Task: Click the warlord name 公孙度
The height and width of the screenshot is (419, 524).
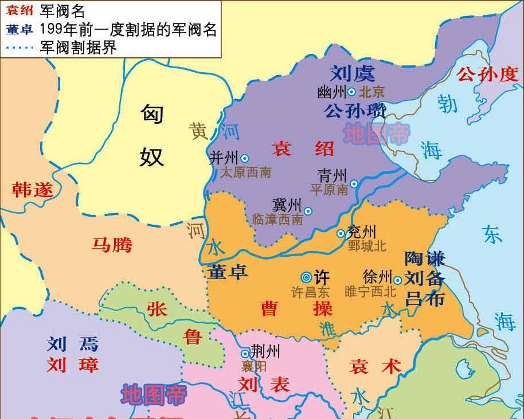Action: (x=486, y=75)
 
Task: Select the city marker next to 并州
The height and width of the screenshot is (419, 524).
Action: (x=245, y=158)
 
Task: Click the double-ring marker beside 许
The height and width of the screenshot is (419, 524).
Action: (x=307, y=276)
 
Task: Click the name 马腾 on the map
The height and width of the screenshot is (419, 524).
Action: (x=112, y=245)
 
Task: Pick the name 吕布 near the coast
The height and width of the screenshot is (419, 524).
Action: (x=425, y=298)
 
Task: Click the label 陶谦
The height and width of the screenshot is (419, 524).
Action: (x=425, y=259)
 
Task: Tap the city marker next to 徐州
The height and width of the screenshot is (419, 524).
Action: (x=397, y=280)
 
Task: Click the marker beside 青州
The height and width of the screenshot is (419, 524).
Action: (x=354, y=184)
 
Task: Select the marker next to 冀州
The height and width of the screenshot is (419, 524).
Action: (x=308, y=211)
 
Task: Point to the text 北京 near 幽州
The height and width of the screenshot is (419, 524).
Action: (x=372, y=92)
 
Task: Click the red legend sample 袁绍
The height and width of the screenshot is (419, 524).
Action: (x=21, y=10)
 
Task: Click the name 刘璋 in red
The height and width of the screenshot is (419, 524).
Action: (x=73, y=364)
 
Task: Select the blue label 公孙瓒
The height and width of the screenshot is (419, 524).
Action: (x=355, y=110)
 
